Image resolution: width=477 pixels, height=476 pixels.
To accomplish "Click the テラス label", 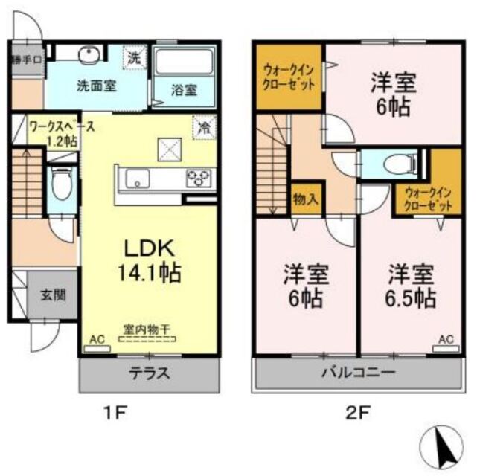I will tap(152, 373).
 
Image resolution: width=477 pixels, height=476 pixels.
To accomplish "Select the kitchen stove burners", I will tap(199, 178).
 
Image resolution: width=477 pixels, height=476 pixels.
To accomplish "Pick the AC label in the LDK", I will tap(97, 339).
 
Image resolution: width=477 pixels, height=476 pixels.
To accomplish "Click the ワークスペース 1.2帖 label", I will tap(60, 133).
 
